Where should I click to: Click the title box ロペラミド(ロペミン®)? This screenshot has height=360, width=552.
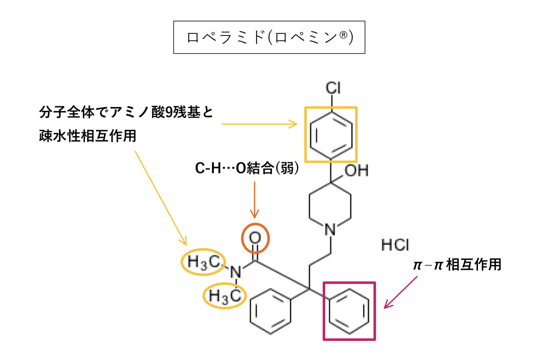(269, 37)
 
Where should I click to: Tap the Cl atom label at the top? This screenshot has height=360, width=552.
(333, 88)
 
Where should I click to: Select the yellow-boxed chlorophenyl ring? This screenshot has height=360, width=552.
(331, 135)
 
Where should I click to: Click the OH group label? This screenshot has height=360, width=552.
(356, 171)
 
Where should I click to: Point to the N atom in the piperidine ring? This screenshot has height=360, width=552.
(330, 230)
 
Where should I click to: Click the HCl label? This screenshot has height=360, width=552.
(395, 245)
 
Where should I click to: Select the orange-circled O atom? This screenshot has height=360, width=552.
(255, 238)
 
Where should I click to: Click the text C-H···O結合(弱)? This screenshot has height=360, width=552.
(247, 168)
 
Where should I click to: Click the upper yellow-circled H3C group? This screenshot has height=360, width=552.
(203, 262)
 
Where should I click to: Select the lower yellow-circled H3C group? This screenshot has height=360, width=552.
(225, 295)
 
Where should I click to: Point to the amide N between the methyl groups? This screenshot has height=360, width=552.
(236, 272)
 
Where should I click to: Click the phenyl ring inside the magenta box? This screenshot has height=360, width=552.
(349, 311)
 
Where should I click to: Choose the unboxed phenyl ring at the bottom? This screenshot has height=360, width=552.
(270, 311)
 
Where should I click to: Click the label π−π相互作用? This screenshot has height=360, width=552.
(457, 265)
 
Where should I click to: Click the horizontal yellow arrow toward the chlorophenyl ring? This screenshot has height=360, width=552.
(259, 124)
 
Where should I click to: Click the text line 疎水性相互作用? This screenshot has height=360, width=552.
(87, 136)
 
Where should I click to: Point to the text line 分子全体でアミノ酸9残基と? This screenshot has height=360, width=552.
(126, 112)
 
